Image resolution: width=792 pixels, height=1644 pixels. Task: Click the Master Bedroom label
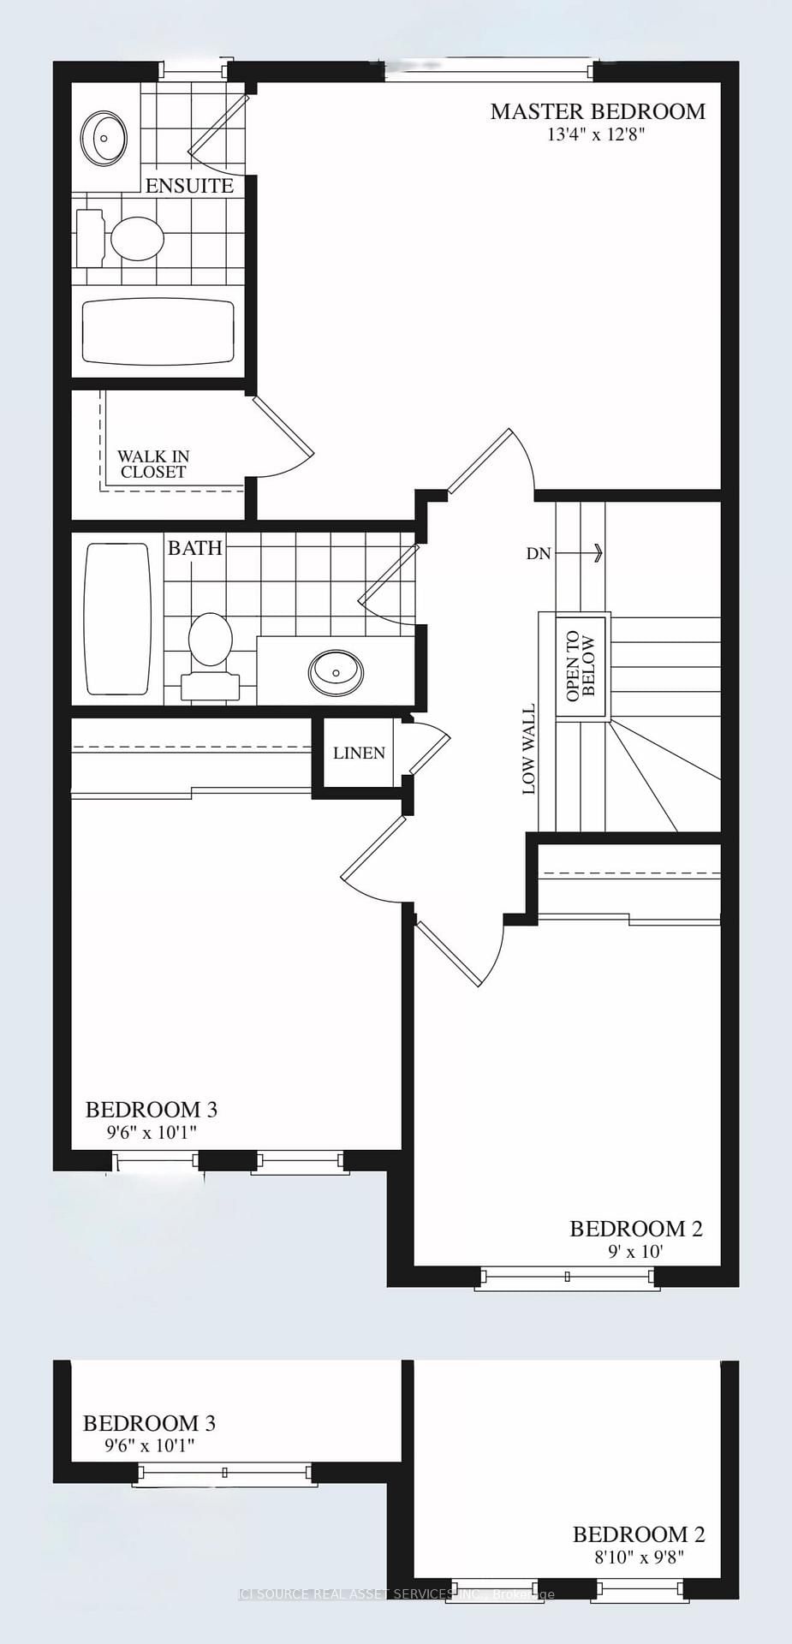pyautogui.click(x=598, y=111)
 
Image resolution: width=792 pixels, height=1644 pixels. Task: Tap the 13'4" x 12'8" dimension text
pyautogui.click(x=598, y=134)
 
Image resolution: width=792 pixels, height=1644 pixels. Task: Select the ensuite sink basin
pyautogui.click(x=104, y=137)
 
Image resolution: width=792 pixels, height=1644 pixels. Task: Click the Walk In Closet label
pyautogui.click(x=153, y=464)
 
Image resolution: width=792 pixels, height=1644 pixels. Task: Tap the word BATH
pyautogui.click(x=195, y=548)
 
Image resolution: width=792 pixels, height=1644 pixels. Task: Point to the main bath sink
pyautogui.click(x=335, y=671)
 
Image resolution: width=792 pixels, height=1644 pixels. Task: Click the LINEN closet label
pyautogui.click(x=359, y=753)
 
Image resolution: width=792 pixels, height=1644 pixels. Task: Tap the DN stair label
pyautogui.click(x=539, y=554)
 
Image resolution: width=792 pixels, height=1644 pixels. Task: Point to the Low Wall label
pyautogui.click(x=529, y=749)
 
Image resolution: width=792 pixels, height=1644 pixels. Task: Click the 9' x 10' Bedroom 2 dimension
pyautogui.click(x=635, y=1252)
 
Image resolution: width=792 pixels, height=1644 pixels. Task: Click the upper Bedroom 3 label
pyautogui.click(x=152, y=1110)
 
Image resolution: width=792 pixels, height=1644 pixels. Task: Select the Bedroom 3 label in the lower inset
pyautogui.click(x=149, y=1424)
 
